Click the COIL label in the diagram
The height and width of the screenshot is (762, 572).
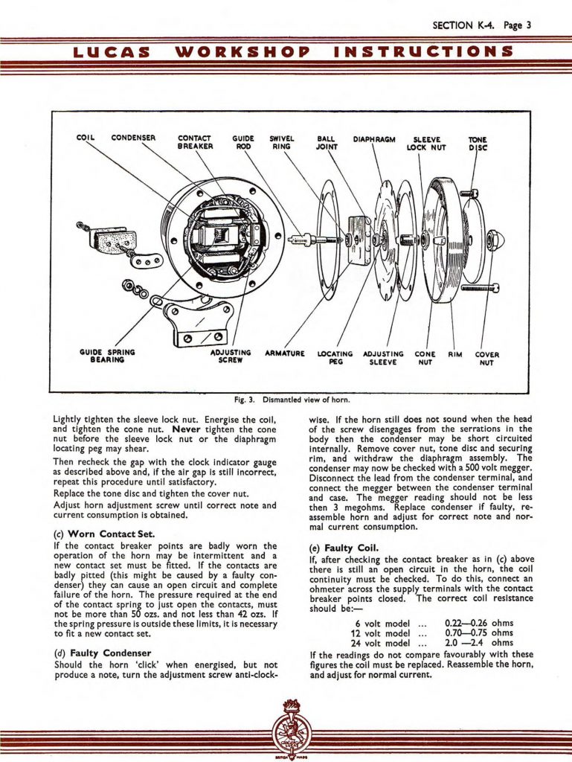pyautogui.click(x=87, y=138)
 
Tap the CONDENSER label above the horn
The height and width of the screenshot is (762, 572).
pyautogui.click(x=133, y=138)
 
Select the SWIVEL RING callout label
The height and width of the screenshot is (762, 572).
pyautogui.click(x=283, y=142)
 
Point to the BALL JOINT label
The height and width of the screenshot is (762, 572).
pyautogui.click(x=327, y=142)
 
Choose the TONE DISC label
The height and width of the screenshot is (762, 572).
pyautogui.click(x=477, y=143)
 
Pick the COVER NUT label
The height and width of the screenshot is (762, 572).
pyautogui.click(x=486, y=358)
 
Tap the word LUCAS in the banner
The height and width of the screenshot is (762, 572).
pyautogui.click(x=110, y=52)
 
